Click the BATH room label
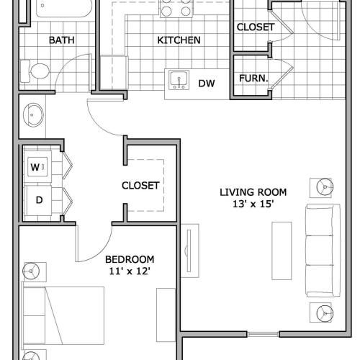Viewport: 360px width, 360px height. pos(61,40)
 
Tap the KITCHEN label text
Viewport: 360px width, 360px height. pos(179,40)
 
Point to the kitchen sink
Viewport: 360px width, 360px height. pos(177,78)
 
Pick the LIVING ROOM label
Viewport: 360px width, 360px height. pos(253,192)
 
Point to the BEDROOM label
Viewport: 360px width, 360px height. pos(130,259)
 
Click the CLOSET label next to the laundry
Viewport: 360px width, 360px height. pos(140,185)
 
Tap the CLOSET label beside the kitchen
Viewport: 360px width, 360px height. pos(255,27)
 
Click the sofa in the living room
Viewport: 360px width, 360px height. pos(323,250)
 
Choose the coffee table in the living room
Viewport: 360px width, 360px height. pos(282,249)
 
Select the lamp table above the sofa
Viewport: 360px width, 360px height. pos(323,187)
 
